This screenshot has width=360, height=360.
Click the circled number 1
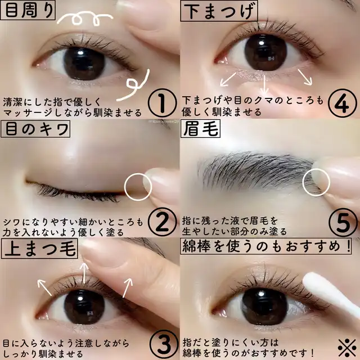163,103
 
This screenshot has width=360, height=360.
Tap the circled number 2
163,222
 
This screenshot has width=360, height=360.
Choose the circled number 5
343,223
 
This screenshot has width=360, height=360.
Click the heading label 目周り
28,10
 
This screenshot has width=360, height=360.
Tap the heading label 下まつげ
219,11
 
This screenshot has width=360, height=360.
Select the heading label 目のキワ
35,129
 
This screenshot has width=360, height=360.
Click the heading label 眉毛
200,129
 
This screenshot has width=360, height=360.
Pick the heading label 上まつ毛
40,249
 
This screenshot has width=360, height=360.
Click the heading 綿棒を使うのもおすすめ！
266,246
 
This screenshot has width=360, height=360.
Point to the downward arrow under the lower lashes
265,85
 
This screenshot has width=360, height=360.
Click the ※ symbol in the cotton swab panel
347,348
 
